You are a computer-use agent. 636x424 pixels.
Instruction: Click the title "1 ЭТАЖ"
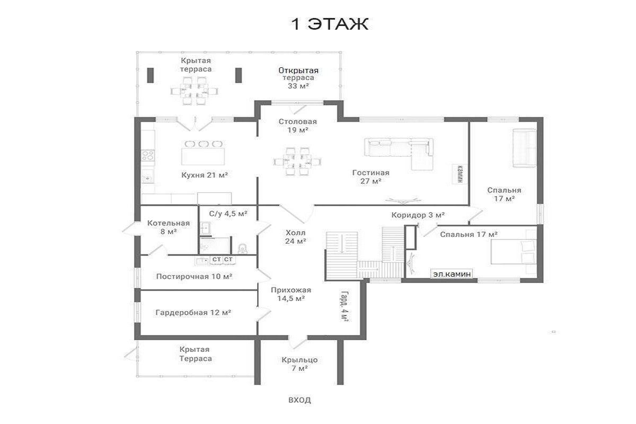[330, 24]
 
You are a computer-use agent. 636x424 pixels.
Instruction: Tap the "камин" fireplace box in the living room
[460, 173]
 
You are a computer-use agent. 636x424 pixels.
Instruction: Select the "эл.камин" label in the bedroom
[452, 274]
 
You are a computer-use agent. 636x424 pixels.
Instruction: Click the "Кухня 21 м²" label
[205, 175]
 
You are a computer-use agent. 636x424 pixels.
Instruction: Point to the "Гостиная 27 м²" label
[371, 176]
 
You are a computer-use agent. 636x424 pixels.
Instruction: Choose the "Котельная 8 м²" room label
[169, 227]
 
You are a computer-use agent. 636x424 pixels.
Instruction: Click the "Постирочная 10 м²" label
[194, 276]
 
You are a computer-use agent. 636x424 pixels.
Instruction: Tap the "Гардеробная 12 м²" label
[193, 313]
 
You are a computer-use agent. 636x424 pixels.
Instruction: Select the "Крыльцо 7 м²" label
[299, 364]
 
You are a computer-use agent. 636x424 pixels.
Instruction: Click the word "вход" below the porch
[299, 400]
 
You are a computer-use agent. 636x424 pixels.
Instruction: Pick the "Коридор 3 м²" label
[418, 215]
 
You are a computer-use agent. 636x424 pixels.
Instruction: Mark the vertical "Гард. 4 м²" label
[344, 306]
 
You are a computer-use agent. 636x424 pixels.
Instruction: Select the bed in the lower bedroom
[514, 252]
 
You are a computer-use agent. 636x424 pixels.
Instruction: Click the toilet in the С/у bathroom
[243, 249]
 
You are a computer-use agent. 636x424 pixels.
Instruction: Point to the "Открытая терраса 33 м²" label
[298, 78]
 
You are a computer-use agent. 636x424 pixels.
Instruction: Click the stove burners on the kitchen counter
[148, 156]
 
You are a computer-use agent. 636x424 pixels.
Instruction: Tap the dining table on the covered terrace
[195, 91]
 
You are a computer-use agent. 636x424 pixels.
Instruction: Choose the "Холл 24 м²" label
[296, 237]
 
